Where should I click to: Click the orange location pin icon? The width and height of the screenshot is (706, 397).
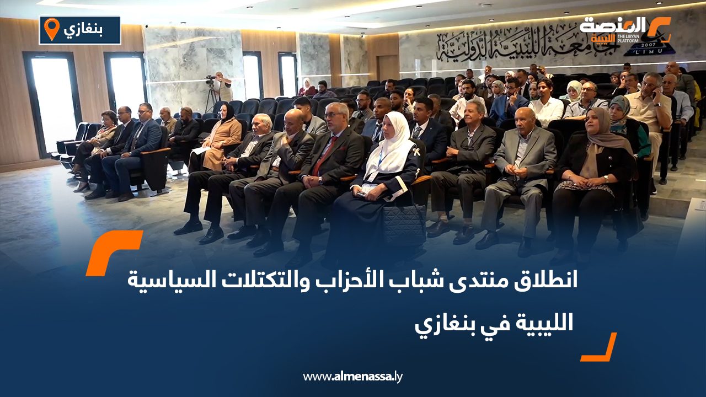51,29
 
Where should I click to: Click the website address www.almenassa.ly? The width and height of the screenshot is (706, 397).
353,377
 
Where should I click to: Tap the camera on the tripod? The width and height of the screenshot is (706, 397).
210,80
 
